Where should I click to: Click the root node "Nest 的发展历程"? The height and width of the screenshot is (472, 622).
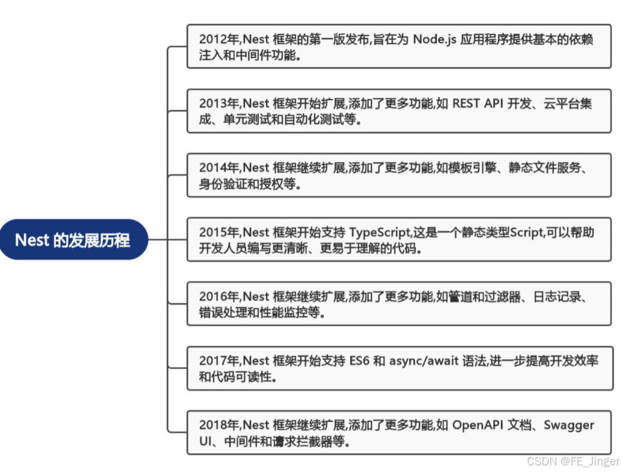[73, 240]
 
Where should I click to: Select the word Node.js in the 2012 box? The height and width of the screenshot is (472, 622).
[435, 40]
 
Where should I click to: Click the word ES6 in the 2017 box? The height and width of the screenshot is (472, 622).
[359, 361]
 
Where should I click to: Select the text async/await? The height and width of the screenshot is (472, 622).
[420, 361]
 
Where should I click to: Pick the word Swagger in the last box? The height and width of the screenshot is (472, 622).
[569, 425]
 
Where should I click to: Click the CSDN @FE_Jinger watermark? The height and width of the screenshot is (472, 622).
[573, 461]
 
